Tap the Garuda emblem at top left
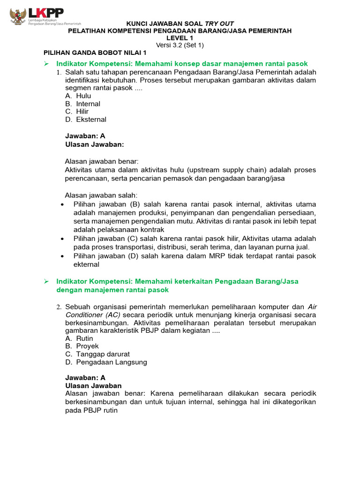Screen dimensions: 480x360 (x=18, y=15)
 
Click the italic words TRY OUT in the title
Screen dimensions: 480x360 (x=219, y=23)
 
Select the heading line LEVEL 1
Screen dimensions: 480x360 (x=180, y=38)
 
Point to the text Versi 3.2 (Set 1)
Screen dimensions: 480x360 (x=180, y=45)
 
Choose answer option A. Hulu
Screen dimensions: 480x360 (x=78, y=96)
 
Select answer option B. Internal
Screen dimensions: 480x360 (x=82, y=104)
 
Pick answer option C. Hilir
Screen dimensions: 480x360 (x=77, y=112)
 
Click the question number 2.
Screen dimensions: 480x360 (x=59, y=307)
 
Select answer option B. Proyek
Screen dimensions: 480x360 (x=82, y=346)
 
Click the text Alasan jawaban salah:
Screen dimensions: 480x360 (x=101, y=195)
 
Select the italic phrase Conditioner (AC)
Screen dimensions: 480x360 (x=92, y=315)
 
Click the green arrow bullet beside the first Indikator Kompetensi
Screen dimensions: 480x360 (x=46, y=63)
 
